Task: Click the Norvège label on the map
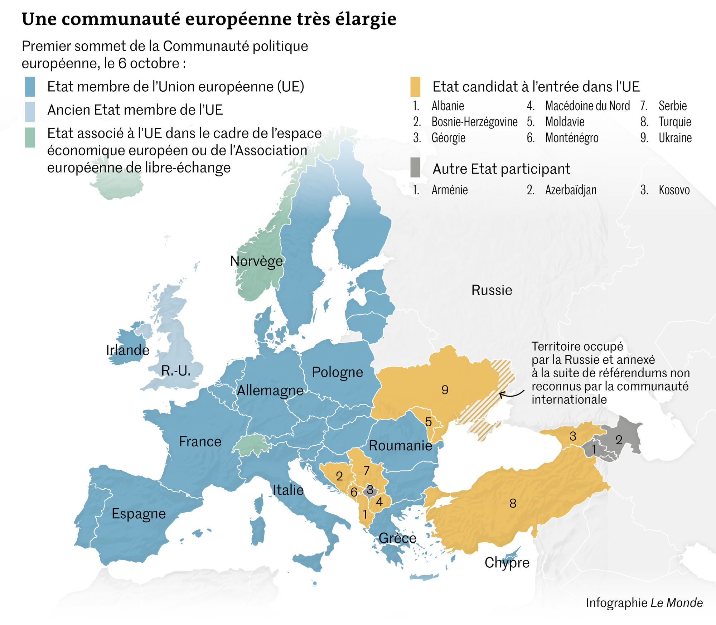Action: (256, 261)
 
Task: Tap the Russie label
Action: (492, 290)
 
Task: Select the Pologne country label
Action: (337, 372)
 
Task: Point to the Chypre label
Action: (507, 562)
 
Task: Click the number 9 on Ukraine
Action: (445, 390)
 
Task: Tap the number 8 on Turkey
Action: (513, 503)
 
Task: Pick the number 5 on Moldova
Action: (428, 422)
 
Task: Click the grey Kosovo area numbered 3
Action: (370, 490)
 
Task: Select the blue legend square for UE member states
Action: (30, 87)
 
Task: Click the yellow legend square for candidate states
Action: (415, 87)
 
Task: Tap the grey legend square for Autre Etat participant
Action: (415, 168)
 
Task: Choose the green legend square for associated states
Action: (30, 137)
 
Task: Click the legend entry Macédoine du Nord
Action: (587, 106)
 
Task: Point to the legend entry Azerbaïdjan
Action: (571, 190)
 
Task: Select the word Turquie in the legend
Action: (674, 122)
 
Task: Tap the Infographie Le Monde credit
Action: (644, 602)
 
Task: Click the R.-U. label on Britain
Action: (175, 371)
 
